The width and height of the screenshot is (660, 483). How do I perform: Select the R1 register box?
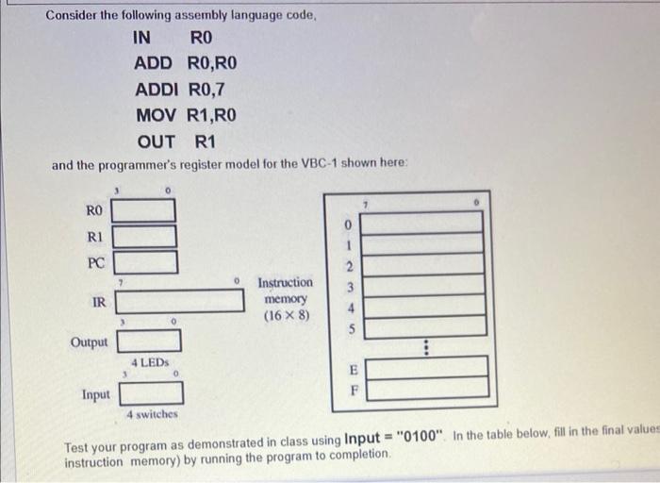pyautogui.click(x=144, y=235)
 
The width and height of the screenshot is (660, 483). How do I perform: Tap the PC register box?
pyautogui.click(x=144, y=260)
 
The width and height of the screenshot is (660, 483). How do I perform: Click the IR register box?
pyautogui.click(x=180, y=301)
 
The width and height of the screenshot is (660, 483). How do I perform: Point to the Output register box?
pyautogui.click(x=148, y=341)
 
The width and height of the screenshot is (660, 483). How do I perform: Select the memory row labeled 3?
pyautogui.click(x=424, y=285)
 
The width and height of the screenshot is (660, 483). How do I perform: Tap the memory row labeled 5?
pyautogui.click(x=424, y=326)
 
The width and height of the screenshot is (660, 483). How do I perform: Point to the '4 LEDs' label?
pyautogui.click(x=149, y=362)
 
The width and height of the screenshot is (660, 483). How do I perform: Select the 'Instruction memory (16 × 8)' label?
pyautogui.click(x=285, y=298)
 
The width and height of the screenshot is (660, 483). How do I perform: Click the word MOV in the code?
pyautogui.click(x=156, y=116)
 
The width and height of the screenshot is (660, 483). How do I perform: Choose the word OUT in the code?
pyautogui.click(x=156, y=142)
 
